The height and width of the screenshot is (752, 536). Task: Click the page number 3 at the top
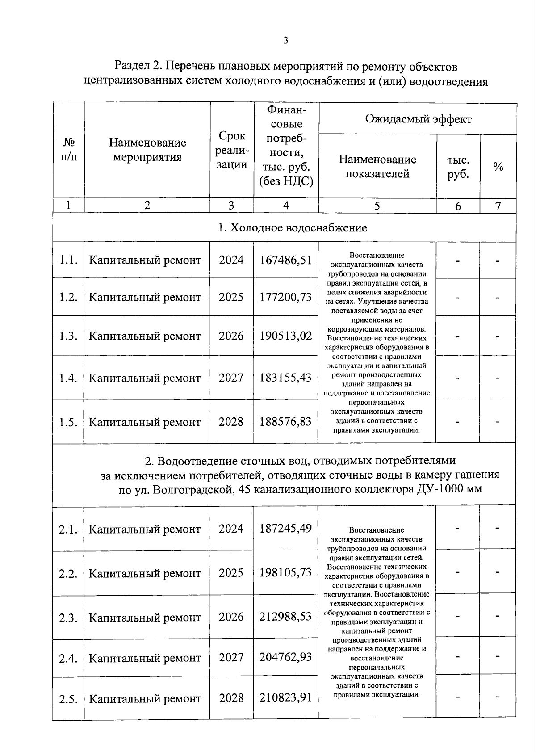click(x=285, y=41)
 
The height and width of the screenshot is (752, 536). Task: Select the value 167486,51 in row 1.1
click(x=285, y=260)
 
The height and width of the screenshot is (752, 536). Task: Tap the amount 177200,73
click(x=285, y=297)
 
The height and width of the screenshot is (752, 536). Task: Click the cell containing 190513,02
click(x=285, y=336)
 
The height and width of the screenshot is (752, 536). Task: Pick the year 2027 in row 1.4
click(x=231, y=378)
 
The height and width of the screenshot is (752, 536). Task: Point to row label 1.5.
click(x=68, y=422)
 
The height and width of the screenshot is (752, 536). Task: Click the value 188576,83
click(x=285, y=422)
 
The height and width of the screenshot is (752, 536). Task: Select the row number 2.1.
click(x=68, y=530)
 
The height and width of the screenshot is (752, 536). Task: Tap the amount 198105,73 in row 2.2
click(x=285, y=573)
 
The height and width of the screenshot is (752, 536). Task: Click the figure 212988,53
click(x=285, y=617)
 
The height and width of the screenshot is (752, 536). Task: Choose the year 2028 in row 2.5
click(x=231, y=698)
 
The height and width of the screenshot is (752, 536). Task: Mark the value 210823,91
click(x=285, y=697)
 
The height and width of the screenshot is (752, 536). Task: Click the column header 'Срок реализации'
click(x=231, y=150)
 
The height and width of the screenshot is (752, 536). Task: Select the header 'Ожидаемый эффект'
click(x=418, y=119)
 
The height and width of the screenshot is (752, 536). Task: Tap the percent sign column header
click(x=498, y=167)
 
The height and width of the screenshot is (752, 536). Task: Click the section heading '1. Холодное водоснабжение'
click(x=293, y=228)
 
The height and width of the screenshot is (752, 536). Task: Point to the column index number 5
click(x=377, y=206)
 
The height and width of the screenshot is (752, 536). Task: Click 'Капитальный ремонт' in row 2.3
click(x=145, y=618)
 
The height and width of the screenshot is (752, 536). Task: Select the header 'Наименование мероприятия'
click(x=147, y=150)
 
